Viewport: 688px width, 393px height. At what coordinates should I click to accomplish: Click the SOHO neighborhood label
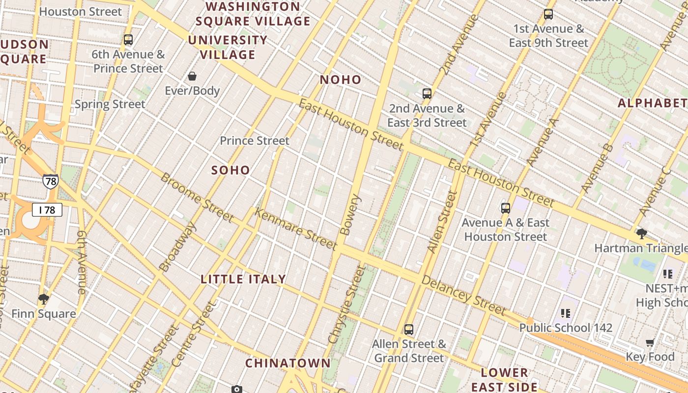(x=230, y=170)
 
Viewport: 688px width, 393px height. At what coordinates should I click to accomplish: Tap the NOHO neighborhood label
(x=341, y=80)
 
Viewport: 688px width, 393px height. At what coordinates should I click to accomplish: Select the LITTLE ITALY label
(x=243, y=279)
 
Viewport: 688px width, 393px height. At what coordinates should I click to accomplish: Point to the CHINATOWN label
(x=288, y=363)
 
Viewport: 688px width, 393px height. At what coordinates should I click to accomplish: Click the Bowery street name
(x=350, y=215)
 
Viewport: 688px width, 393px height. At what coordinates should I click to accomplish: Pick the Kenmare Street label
(x=296, y=229)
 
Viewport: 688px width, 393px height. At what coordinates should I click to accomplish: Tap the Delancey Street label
(x=463, y=295)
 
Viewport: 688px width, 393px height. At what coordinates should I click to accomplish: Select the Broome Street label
(x=197, y=197)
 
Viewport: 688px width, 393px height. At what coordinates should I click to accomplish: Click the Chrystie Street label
(x=347, y=305)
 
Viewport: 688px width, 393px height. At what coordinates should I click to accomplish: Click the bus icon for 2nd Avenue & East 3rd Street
(x=427, y=93)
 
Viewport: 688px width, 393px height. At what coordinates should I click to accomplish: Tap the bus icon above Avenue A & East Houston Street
(x=506, y=208)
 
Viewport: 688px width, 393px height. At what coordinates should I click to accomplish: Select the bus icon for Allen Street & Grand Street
(x=409, y=329)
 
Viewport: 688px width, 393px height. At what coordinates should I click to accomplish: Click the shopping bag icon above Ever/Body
(x=192, y=76)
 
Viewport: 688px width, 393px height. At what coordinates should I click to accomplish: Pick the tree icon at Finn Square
(x=44, y=299)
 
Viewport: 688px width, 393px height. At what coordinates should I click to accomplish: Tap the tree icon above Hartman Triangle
(x=641, y=233)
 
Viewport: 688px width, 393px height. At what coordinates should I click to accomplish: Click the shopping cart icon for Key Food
(x=650, y=342)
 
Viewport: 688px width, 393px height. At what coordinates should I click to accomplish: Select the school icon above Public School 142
(x=566, y=313)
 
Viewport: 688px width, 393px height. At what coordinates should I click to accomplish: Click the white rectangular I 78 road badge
(x=47, y=210)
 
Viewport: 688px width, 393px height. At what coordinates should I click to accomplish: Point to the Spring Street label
(x=110, y=104)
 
